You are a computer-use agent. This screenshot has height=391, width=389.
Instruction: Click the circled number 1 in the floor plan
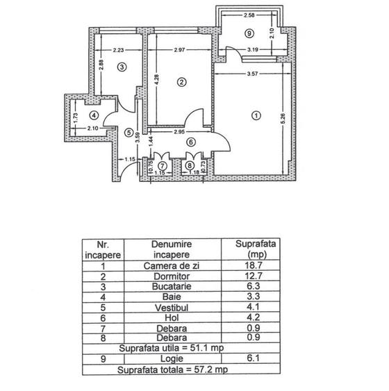click(x=256, y=115)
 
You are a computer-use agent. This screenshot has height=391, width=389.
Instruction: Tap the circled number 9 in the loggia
click(x=249, y=33)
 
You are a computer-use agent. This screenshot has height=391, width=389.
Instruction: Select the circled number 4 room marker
click(x=94, y=115)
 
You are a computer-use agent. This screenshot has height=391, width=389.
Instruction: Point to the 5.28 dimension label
click(x=283, y=119)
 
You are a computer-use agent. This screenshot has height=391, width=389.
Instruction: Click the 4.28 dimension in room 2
click(x=156, y=80)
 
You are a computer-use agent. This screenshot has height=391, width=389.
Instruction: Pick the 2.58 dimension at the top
click(x=249, y=15)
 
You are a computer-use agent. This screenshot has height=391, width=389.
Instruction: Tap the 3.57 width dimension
click(x=252, y=74)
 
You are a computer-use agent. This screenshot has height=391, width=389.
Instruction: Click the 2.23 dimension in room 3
click(x=118, y=50)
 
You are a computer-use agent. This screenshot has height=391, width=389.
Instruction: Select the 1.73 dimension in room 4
click(x=76, y=118)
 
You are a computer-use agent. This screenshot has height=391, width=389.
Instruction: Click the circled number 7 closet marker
click(x=163, y=166)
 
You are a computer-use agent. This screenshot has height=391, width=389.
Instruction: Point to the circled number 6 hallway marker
click(x=191, y=142)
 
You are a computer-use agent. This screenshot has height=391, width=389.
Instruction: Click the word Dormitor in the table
click(x=172, y=276)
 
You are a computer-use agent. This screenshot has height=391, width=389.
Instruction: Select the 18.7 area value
click(x=253, y=265)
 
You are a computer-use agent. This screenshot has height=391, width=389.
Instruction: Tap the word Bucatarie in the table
click(x=172, y=287)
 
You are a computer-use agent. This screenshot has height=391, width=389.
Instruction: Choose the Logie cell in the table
click(x=172, y=359)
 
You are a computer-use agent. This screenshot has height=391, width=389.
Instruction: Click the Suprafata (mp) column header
click(x=256, y=249)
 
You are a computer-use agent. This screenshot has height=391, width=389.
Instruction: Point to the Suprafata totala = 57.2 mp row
click(x=172, y=369)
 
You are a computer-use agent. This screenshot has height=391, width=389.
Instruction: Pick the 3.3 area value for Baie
click(x=254, y=297)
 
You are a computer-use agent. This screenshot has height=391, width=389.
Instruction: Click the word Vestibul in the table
click(x=172, y=308)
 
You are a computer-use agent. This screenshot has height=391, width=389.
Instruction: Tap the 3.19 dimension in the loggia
click(x=253, y=49)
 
